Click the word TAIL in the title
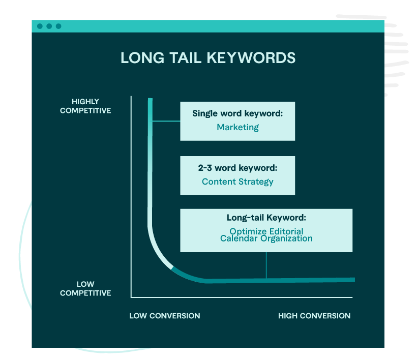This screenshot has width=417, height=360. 186,57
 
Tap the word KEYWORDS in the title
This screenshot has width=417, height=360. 251,57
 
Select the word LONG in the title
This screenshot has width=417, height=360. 142,57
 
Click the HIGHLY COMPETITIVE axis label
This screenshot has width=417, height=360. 85,106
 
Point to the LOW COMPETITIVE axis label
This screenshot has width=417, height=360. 85,288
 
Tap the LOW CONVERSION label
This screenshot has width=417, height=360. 165,316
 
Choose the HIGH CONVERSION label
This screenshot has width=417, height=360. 314,316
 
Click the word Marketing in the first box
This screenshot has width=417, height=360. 238,127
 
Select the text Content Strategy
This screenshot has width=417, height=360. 237,182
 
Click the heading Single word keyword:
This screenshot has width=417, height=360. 237,113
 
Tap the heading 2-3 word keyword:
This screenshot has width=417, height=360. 237,168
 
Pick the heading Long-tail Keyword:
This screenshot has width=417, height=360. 266,218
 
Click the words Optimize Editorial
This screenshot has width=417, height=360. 266,231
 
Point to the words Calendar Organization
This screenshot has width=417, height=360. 266,238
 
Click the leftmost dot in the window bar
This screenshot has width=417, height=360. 40,26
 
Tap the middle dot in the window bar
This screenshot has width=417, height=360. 49,26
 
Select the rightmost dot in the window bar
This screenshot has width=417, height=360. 58,26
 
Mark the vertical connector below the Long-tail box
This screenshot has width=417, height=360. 266,265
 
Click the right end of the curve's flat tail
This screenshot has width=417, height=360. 354,280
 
